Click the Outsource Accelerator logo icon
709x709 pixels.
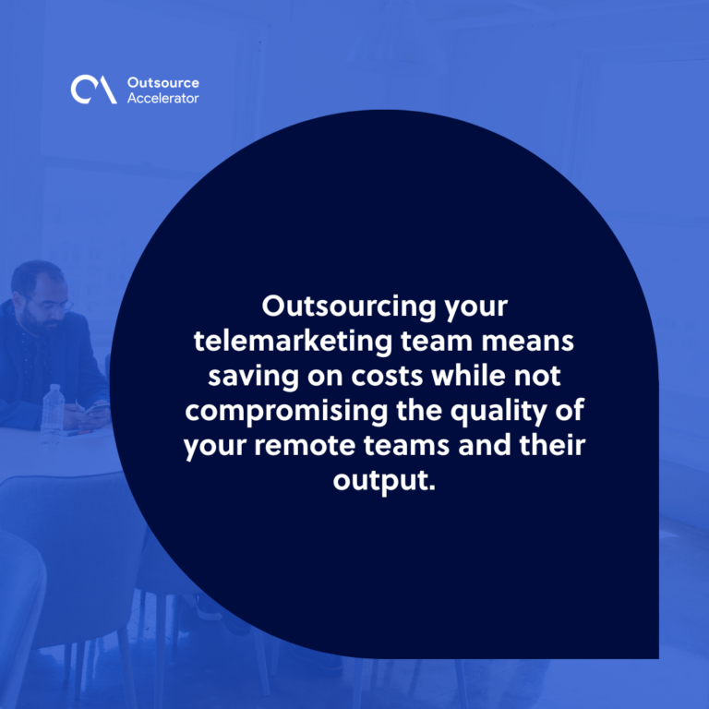(93, 90)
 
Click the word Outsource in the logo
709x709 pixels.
(162, 83)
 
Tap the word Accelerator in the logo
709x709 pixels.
(162, 98)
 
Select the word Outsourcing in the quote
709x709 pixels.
(348, 308)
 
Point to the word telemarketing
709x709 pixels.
(293, 342)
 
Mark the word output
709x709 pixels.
(384, 482)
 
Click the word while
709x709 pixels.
(466, 376)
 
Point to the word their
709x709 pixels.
(552, 445)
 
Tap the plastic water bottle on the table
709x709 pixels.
(54, 414)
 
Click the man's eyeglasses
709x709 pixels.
(50, 305)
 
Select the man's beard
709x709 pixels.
(39, 323)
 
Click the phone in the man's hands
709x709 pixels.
(96, 409)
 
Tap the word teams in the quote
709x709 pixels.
(407, 446)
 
